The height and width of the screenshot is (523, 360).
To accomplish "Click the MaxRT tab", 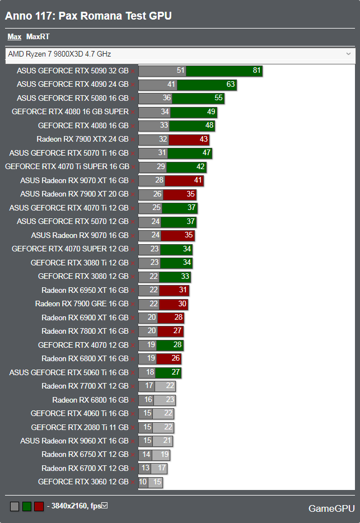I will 38,37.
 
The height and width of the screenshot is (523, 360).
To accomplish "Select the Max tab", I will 15,37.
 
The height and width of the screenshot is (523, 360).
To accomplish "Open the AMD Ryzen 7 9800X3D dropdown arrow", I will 348,54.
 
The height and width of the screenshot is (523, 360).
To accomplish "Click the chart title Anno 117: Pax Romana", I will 88,16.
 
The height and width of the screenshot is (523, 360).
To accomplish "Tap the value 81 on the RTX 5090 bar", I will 256,71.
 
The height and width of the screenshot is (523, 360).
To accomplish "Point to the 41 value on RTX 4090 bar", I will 171,85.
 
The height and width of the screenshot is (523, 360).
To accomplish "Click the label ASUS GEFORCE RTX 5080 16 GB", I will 73,98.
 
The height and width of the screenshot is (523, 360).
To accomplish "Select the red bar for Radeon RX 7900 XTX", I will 188,139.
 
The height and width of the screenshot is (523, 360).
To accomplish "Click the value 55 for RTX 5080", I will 218,98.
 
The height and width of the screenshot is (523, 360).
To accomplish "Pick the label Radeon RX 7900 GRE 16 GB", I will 82,304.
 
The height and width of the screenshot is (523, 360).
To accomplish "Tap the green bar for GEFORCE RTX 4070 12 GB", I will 170,345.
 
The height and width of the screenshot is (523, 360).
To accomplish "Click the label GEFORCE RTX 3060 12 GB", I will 83,482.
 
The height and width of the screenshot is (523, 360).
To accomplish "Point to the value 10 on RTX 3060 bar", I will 143,482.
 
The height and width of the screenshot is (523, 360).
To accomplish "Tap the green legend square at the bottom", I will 26,506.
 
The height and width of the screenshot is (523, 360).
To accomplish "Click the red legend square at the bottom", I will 39,506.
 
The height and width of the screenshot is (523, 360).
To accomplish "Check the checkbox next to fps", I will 104,506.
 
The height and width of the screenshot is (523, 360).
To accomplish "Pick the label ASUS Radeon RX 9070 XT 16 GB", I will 74,180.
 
